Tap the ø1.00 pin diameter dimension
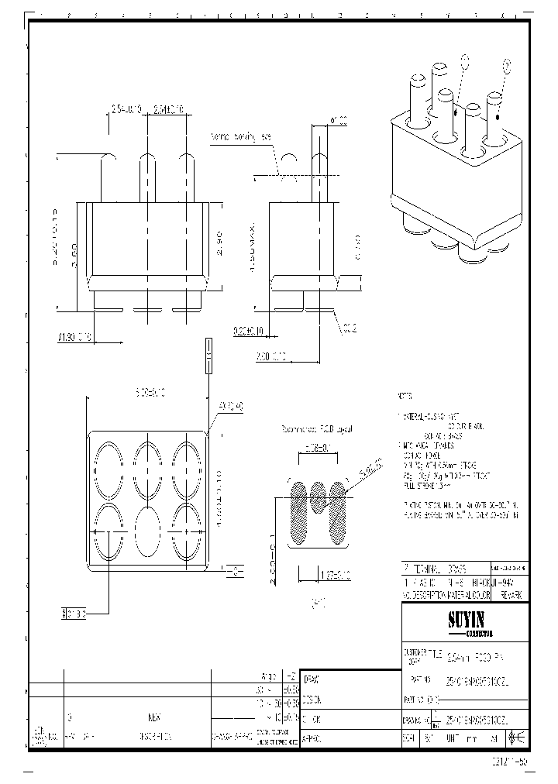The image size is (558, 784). pos(339,120)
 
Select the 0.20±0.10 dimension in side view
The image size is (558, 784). pos(249,332)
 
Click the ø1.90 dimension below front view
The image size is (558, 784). pos(75,338)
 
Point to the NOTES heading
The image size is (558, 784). pos(405,395)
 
